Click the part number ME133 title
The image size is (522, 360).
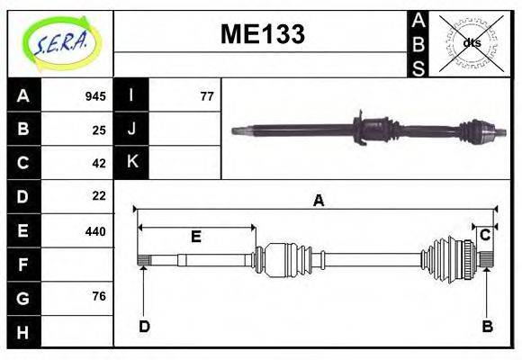(263, 34)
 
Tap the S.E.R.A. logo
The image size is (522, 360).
(61, 43)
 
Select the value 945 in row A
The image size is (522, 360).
(95, 96)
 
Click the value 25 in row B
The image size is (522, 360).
(99, 130)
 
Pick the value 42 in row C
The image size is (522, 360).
(99, 164)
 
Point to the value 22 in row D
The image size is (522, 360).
(99, 196)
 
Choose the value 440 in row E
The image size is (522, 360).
(95, 231)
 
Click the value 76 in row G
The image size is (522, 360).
(99, 296)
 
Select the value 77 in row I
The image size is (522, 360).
(207, 96)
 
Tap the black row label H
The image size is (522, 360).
(23, 332)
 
